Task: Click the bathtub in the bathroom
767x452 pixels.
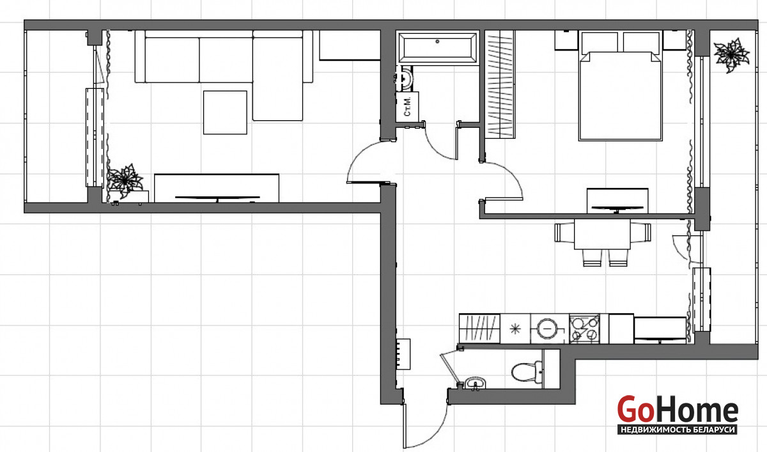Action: [x=437, y=47]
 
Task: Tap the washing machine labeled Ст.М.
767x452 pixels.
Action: [x=408, y=107]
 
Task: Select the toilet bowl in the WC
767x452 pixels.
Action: [x=527, y=372]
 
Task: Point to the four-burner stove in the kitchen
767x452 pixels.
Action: [x=584, y=329]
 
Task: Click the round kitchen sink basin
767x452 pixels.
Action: [x=547, y=328]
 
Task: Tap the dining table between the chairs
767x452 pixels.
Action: [x=602, y=234]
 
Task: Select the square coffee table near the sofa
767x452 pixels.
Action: [x=225, y=113]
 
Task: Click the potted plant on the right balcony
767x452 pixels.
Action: [x=731, y=55]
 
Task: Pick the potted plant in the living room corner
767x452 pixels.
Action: [x=125, y=180]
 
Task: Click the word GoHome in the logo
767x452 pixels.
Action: [x=678, y=409]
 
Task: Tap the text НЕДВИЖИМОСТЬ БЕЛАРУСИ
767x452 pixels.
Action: [x=678, y=430]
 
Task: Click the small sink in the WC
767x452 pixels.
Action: [x=475, y=383]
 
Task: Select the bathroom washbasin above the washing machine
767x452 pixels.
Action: [x=405, y=78]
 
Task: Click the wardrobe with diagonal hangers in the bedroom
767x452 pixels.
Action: [x=500, y=84]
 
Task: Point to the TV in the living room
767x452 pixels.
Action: [x=217, y=198]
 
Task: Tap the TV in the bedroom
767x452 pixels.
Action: [x=617, y=208]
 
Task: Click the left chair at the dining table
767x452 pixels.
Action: [x=564, y=233]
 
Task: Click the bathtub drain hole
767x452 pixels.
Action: [x=437, y=42]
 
